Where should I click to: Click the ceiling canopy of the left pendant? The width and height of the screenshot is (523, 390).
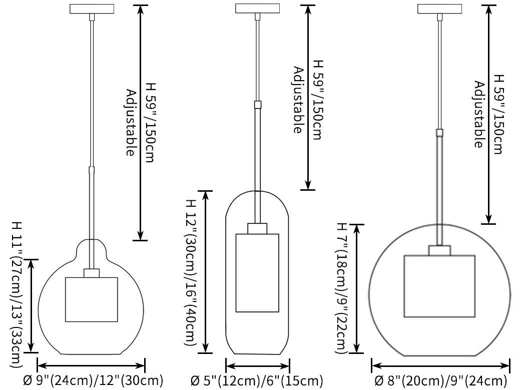point(92,9)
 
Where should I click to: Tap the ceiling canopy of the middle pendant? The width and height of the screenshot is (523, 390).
point(257,9)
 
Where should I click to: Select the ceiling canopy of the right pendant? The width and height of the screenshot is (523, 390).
point(439,9)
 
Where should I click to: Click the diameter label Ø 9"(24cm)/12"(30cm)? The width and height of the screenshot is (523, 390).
point(94,380)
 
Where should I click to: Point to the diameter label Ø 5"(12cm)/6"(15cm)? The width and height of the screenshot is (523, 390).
point(257,380)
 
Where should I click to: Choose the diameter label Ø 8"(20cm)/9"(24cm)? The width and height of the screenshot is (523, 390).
point(441,380)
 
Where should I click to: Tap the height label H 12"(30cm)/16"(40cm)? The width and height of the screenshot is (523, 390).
point(190,272)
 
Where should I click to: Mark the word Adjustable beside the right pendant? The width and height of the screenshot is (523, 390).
point(479,114)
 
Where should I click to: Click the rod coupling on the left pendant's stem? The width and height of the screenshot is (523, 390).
point(92,170)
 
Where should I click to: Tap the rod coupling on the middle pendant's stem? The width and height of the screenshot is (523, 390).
point(257,105)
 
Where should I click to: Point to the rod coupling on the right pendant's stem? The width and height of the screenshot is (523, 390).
point(439,133)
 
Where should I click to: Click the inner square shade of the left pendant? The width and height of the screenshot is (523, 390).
point(92,299)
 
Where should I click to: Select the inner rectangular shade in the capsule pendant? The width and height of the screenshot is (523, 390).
point(257,273)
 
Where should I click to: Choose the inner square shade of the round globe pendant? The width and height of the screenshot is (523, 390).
point(439,286)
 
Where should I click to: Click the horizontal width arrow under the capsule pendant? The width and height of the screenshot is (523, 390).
point(258,366)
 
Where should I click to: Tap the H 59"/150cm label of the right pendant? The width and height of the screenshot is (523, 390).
point(498,115)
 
